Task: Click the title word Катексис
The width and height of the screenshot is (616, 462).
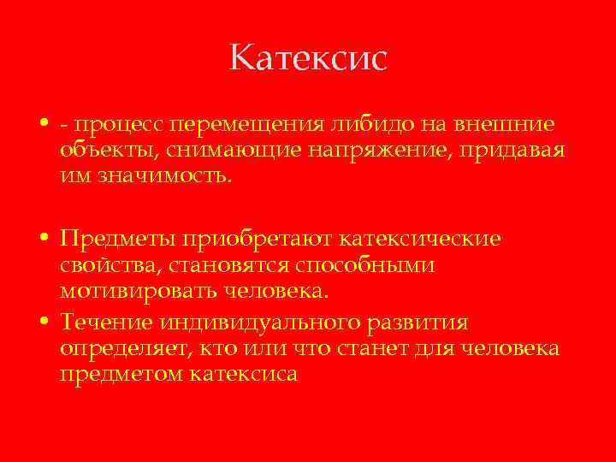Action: (308, 58)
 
